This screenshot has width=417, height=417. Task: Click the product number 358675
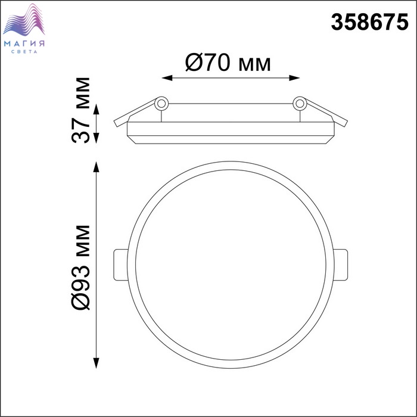click(369, 23)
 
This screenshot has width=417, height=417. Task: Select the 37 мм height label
click(81, 110)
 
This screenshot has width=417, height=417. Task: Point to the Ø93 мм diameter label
click(81, 267)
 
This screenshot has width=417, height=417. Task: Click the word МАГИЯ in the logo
click(24, 43)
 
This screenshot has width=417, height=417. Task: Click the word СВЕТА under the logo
click(24, 52)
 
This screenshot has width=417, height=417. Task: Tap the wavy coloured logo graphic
click(24, 20)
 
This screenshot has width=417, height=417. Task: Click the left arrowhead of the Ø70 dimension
click(167, 78)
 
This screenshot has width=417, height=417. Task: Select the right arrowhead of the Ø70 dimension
click(294, 78)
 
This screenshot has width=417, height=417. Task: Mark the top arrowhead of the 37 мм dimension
click(97, 109)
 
